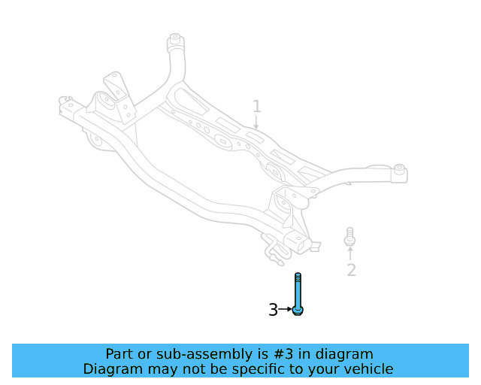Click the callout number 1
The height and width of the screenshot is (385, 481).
click(x=256, y=106)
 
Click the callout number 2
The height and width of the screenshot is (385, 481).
click(x=351, y=270)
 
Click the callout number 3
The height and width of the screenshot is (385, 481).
click(x=274, y=309)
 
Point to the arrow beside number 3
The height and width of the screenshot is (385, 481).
click(x=286, y=309)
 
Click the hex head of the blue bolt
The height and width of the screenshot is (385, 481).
click(x=298, y=310)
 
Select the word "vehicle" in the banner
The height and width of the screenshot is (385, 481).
click(x=366, y=369)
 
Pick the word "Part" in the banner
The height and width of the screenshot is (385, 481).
click(x=119, y=353)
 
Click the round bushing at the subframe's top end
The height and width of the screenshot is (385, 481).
click(x=175, y=38)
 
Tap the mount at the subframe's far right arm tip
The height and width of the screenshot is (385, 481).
click(x=399, y=172)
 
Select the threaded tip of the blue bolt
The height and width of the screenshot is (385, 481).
click(x=298, y=276)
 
